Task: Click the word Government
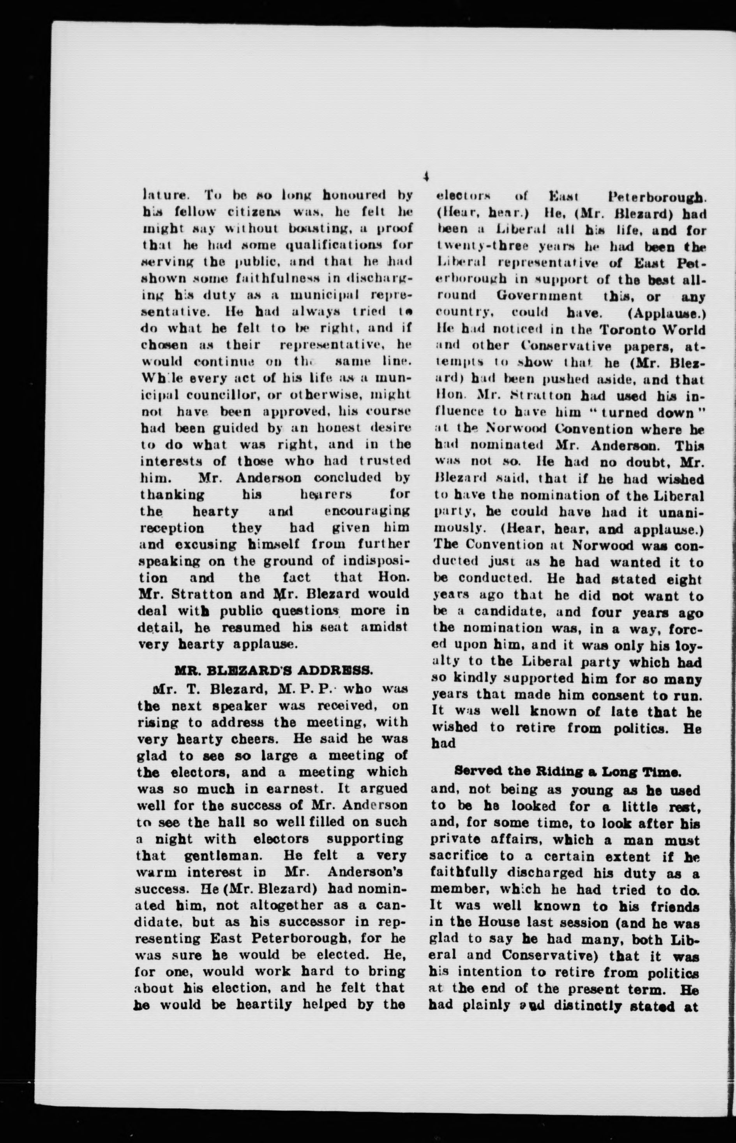coord(539,297)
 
